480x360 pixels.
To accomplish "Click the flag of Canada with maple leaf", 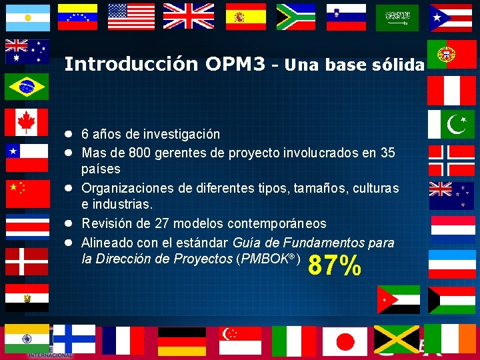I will point(27,121).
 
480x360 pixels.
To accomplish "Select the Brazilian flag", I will point(27,86).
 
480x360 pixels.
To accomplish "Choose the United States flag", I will point(131,17).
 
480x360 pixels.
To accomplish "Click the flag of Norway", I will point(451,159).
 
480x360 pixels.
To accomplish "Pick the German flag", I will point(182,341).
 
